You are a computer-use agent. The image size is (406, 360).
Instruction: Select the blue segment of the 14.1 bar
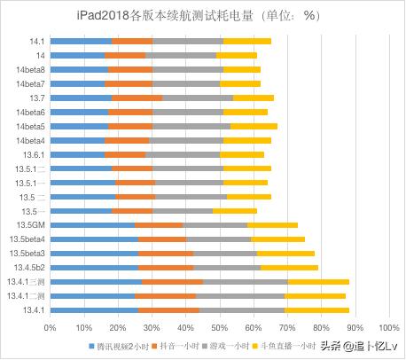[82, 41]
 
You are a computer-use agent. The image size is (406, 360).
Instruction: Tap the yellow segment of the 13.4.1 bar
[317, 309]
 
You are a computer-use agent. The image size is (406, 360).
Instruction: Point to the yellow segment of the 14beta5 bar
[254, 126]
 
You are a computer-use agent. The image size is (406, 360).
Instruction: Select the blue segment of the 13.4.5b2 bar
[94, 267]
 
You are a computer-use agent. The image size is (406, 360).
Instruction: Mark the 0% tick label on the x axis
[51, 326]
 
